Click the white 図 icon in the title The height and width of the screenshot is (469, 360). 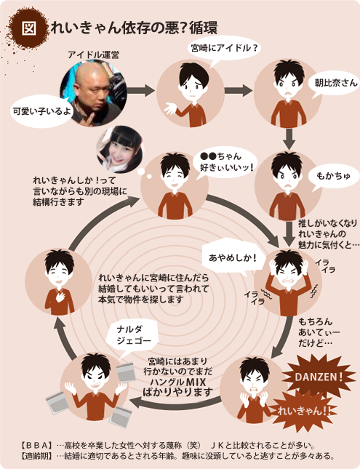pyautogui.click(x=29, y=28)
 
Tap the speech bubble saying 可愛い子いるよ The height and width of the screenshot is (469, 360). pyautogui.click(x=41, y=111)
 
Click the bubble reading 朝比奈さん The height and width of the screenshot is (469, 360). pyautogui.click(x=336, y=84)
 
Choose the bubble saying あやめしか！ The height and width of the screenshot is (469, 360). pyautogui.click(x=232, y=257)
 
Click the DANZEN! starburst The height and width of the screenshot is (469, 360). pyautogui.click(x=319, y=376)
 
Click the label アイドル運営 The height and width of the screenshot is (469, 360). pyautogui.click(x=93, y=55)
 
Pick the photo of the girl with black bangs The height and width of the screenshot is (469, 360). pyautogui.click(x=120, y=149)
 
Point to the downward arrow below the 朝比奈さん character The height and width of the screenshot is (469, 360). pyautogui.click(x=289, y=138)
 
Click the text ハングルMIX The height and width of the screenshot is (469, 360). pyautogui.click(x=178, y=382)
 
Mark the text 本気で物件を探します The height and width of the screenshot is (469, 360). pyautogui.click(x=141, y=300)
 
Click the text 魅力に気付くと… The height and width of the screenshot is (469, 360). pyautogui.click(x=329, y=244)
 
